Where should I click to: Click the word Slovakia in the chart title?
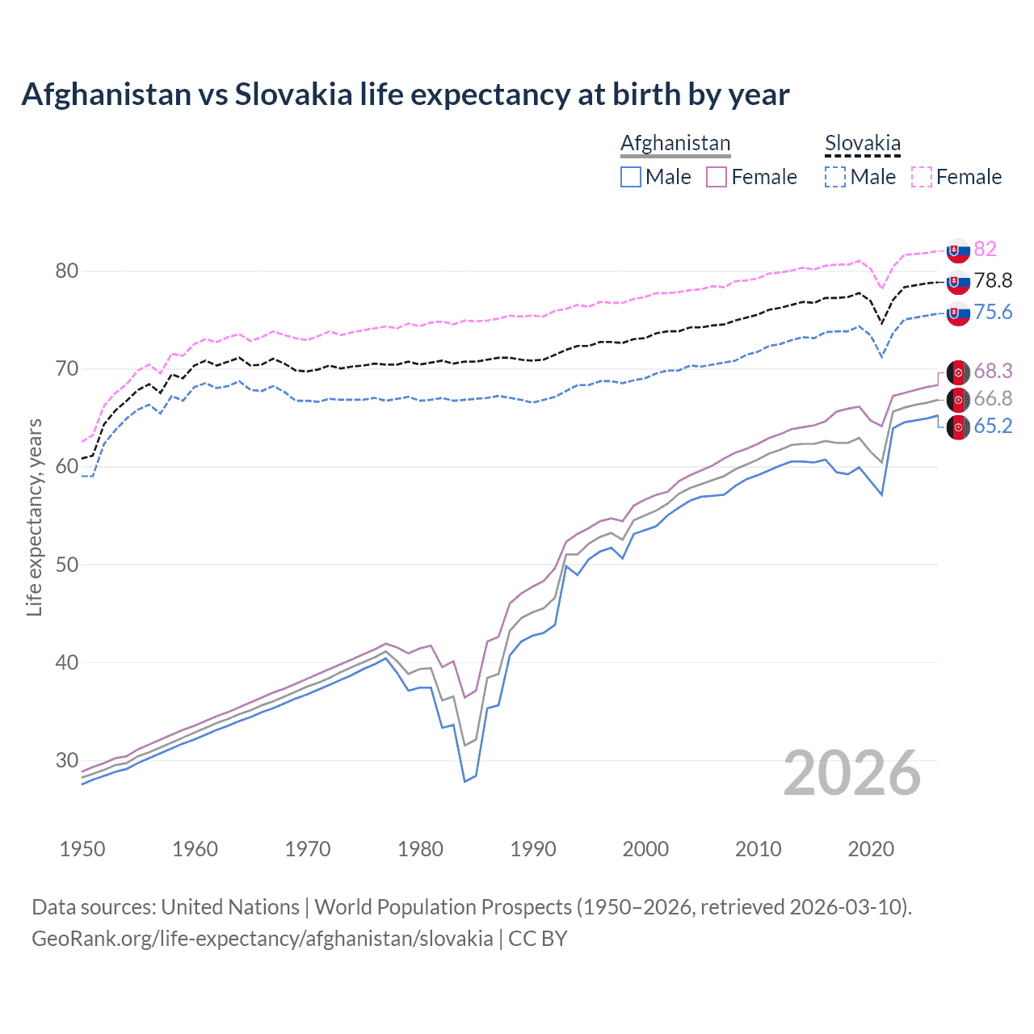(293, 95)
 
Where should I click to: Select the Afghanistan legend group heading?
(675, 143)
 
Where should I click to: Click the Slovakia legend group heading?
(862, 143)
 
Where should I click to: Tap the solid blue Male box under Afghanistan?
(631, 177)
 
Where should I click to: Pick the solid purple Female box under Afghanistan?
(717, 177)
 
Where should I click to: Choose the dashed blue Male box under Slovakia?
(835, 177)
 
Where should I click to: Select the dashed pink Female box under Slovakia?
(922, 177)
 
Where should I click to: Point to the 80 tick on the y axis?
(67, 271)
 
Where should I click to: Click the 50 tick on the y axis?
(67, 564)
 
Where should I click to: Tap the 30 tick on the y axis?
(67, 760)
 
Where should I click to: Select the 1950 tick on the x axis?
(82, 849)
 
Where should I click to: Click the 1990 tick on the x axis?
(533, 849)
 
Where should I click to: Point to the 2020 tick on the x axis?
(871, 849)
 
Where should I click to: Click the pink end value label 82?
(985, 249)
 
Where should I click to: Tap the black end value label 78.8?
(993, 280)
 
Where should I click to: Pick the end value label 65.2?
(993, 426)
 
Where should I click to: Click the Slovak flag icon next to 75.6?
(958, 313)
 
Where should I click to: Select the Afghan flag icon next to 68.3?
(958, 372)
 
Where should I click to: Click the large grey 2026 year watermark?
(852, 773)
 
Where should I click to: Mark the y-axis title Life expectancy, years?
(35, 517)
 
